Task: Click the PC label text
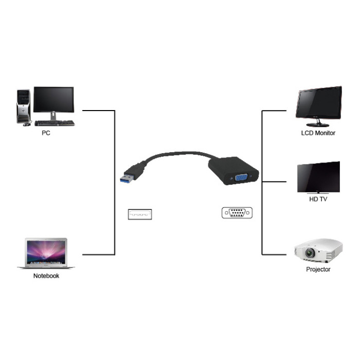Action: (46, 133)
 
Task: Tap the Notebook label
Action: (46, 276)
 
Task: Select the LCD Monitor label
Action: (318, 133)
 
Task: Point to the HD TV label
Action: (318, 199)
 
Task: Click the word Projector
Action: (318, 269)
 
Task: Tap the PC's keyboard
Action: (55, 123)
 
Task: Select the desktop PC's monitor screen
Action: (53, 100)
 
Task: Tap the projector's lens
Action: (310, 253)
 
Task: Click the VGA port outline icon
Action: (237, 213)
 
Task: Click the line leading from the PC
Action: (98, 111)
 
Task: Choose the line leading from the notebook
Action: (98, 255)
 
